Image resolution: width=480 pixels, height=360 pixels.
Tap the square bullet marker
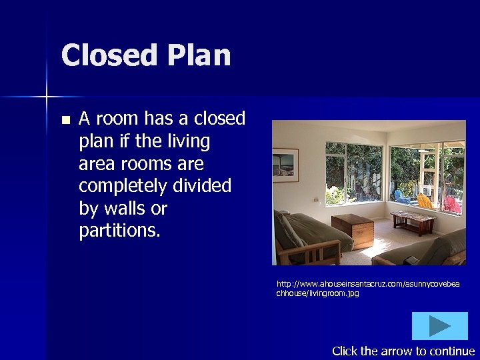(65, 121)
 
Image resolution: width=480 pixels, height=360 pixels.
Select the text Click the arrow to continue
(403, 351)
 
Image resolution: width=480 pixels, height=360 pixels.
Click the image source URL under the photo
(367, 289)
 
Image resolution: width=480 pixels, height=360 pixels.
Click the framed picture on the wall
(285, 165)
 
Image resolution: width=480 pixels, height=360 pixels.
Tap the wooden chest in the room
(353, 230)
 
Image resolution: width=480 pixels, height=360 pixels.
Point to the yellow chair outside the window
(425, 200)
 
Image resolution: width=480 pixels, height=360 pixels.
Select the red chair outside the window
(453, 204)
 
